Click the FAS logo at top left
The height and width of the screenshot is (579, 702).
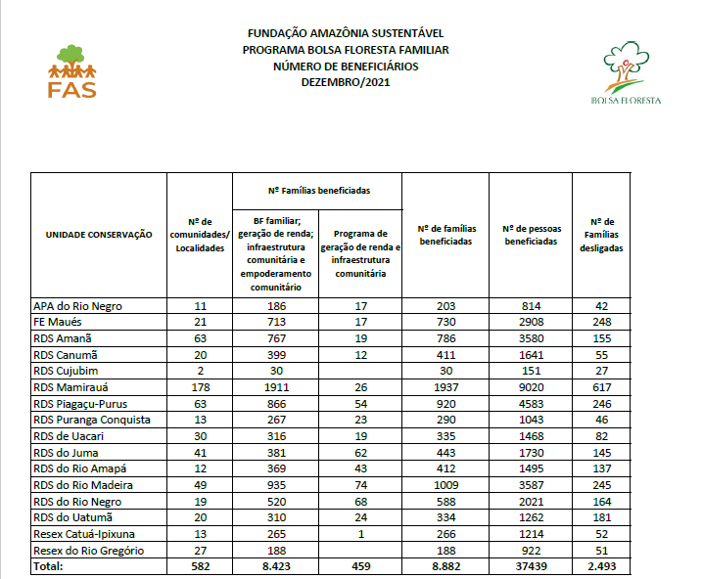(71, 70)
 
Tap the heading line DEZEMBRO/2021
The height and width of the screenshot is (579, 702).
(350, 82)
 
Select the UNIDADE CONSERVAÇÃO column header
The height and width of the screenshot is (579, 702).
(99, 234)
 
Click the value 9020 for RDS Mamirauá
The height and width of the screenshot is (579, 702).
(533, 387)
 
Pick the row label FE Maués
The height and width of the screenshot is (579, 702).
(59, 322)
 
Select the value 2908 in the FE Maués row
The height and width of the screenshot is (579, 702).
(533, 322)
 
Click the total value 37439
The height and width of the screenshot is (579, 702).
(533, 566)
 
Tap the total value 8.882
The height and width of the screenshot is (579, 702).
(446, 566)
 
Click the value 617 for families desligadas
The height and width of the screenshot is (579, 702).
(601, 387)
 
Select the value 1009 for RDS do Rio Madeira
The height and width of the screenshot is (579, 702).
(446, 485)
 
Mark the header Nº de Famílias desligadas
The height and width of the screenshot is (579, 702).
(601, 234)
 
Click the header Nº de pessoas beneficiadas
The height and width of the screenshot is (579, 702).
(533, 234)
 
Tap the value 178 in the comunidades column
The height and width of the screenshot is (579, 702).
(201, 387)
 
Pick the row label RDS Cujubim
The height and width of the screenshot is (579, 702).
(67, 371)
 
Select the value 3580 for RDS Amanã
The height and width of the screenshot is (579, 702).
(533, 338)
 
